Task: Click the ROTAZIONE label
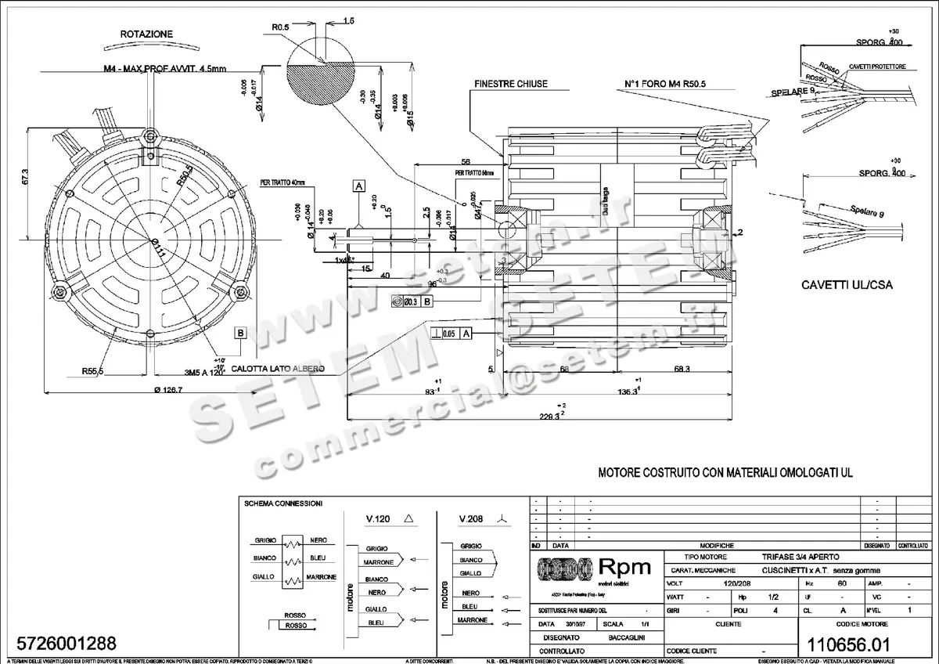pos(146,34)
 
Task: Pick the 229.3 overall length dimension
pos(550,416)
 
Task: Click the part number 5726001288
pos(60,644)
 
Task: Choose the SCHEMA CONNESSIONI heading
pos(282,503)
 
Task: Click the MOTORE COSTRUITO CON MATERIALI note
pos(725,473)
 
